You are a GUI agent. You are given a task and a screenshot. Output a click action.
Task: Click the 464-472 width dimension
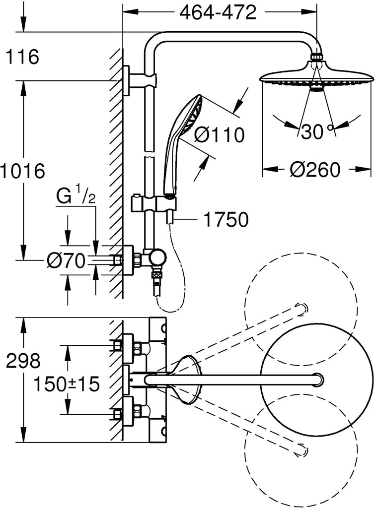click(218, 12)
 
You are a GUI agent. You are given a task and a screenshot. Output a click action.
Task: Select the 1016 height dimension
click(22, 171)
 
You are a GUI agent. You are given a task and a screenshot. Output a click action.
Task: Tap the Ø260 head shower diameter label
click(316, 170)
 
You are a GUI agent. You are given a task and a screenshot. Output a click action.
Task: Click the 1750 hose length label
click(226, 219)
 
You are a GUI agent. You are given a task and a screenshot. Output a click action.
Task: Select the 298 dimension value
click(23, 361)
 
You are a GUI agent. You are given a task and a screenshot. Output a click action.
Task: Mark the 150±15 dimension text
click(67, 383)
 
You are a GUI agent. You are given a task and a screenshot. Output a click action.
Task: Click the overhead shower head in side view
click(315, 77)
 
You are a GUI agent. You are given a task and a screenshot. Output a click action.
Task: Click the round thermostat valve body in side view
click(158, 257)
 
